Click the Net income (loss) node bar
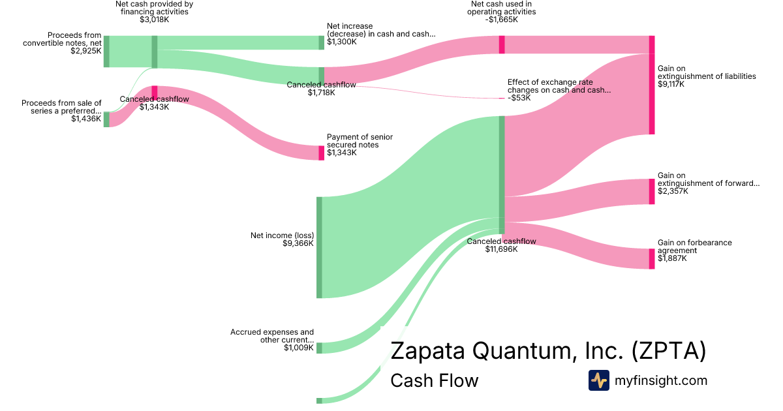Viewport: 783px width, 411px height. (x=320, y=247)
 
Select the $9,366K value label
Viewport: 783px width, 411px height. (x=298, y=243)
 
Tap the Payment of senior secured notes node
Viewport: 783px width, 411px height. (x=321, y=153)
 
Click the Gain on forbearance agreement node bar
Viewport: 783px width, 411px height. (x=651, y=258)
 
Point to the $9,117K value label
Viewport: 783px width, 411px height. (x=673, y=84)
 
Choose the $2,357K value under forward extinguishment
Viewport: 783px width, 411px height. (x=673, y=191)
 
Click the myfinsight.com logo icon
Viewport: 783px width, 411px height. (x=598, y=380)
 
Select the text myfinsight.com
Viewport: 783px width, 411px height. (x=661, y=380)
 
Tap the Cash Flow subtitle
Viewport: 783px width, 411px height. (x=434, y=380)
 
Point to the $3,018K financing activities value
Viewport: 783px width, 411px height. (x=154, y=20)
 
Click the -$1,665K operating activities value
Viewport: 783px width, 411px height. (x=502, y=20)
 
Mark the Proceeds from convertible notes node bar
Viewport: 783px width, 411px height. (x=106, y=52)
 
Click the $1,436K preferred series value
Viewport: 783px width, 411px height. (x=86, y=119)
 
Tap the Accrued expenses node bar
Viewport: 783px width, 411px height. (x=320, y=347)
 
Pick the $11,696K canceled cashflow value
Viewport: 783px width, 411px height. (x=501, y=249)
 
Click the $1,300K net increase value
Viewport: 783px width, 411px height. (x=342, y=42)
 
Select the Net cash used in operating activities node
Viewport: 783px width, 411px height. (x=502, y=44)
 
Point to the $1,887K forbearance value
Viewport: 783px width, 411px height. (x=673, y=258)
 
